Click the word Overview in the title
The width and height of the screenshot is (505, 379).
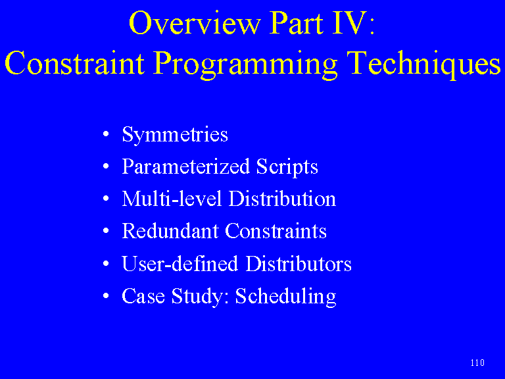pyautogui.click(x=195, y=22)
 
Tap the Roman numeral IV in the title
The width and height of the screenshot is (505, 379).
pyautogui.click(x=350, y=22)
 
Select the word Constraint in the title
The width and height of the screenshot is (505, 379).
pyautogui.click(x=75, y=63)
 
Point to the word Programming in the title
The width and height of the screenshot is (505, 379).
pyautogui.click(x=245, y=64)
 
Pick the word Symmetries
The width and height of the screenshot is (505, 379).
pyautogui.click(x=175, y=135)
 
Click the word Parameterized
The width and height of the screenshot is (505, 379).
pyautogui.click(x=186, y=166)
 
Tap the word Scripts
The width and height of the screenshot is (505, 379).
pyautogui.click(x=287, y=167)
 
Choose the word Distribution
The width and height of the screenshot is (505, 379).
pyautogui.click(x=282, y=198)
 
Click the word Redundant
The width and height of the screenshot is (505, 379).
pyautogui.click(x=170, y=231)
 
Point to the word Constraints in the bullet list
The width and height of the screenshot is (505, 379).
pyautogui.click(x=276, y=231)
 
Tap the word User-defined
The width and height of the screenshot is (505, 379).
pyautogui.click(x=180, y=263)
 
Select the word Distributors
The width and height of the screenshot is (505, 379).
pyautogui.click(x=299, y=263)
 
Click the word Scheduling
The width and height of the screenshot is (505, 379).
pyautogui.click(x=285, y=297)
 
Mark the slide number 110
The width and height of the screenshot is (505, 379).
pyautogui.click(x=477, y=363)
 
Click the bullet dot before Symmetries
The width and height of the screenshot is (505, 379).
pyautogui.click(x=106, y=134)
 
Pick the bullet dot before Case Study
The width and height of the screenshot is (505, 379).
pyautogui.click(x=106, y=296)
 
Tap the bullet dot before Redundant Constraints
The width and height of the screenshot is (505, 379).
pyautogui.click(x=106, y=231)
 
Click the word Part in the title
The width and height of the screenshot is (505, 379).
pyautogui.click(x=296, y=22)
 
